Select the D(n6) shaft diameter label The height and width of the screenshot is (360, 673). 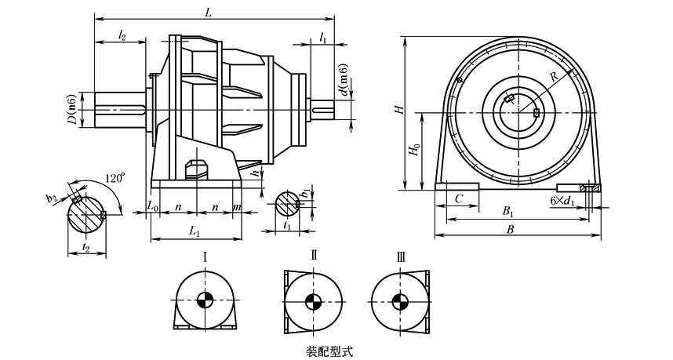click(71, 111)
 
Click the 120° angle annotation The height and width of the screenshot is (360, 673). click(114, 177)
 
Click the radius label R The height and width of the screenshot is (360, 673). click(554, 77)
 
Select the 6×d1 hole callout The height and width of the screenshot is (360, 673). click(562, 201)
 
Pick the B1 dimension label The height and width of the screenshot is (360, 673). click(508, 212)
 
